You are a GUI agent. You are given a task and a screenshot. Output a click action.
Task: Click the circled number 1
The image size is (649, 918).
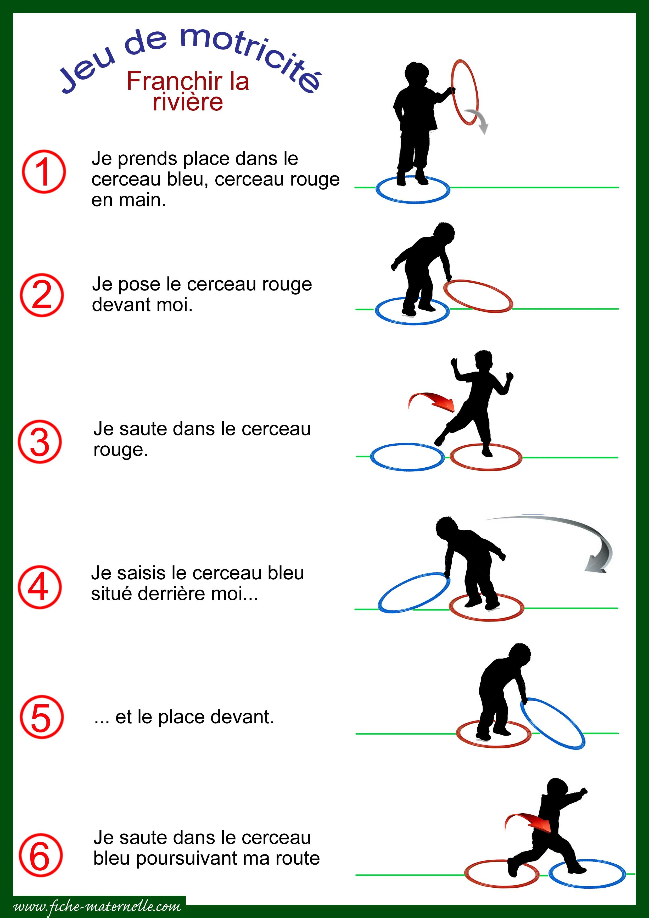[43, 171]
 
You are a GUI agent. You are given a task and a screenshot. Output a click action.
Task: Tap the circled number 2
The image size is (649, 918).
[42, 295]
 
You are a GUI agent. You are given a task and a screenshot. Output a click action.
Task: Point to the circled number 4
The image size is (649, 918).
[40, 587]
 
